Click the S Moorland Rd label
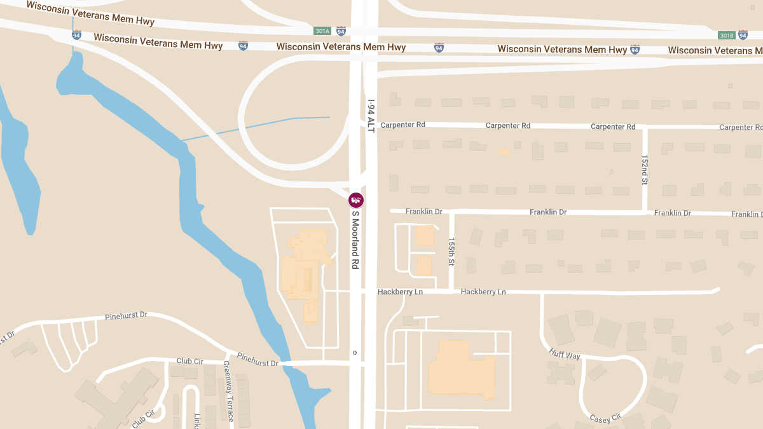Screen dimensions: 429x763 (356, 239)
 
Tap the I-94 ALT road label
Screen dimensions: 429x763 (371, 115)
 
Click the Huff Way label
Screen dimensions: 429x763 (565, 355)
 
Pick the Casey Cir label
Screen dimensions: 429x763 (605, 418)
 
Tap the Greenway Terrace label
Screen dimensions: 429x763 (228, 391)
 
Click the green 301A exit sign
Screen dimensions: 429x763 (322, 31)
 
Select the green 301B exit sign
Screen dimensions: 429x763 (726, 35)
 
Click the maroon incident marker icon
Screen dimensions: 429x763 (356, 200)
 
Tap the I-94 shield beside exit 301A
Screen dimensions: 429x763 (341, 31)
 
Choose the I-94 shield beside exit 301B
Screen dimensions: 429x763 (743, 35)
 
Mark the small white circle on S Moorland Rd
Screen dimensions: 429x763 (355, 352)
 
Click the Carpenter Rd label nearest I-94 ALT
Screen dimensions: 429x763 (402, 125)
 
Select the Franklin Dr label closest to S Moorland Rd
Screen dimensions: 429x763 (425, 212)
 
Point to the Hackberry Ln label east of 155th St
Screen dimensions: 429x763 (483, 292)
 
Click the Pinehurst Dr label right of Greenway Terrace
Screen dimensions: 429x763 (258, 360)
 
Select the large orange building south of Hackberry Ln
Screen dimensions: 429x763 (461, 371)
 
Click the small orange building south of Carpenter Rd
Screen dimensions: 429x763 (504, 152)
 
